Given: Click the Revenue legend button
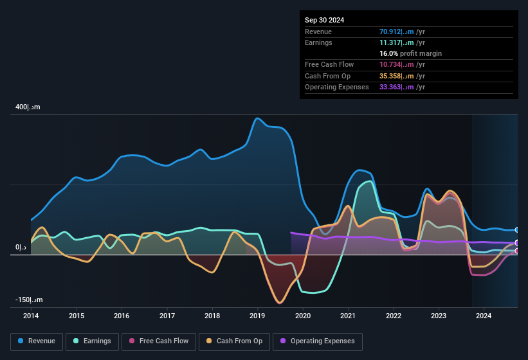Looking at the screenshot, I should [x=37, y=341].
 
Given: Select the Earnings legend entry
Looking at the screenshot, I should [x=93, y=341].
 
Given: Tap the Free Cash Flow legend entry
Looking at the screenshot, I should [x=159, y=341].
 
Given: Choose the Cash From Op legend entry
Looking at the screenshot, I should [x=235, y=341].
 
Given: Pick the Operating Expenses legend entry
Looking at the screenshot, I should [x=317, y=341].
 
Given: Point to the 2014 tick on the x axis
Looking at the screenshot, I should [x=31, y=316].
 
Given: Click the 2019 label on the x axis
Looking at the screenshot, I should [x=257, y=316].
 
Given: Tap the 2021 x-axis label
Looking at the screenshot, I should [x=348, y=316].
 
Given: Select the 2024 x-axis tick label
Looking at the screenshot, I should [x=484, y=316].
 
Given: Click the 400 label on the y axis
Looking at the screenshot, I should [x=28, y=107].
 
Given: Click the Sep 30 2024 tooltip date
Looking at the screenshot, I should [x=324, y=20].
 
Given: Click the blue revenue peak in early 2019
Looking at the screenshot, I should [x=258, y=118].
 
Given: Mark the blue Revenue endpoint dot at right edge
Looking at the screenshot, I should [x=517, y=230].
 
